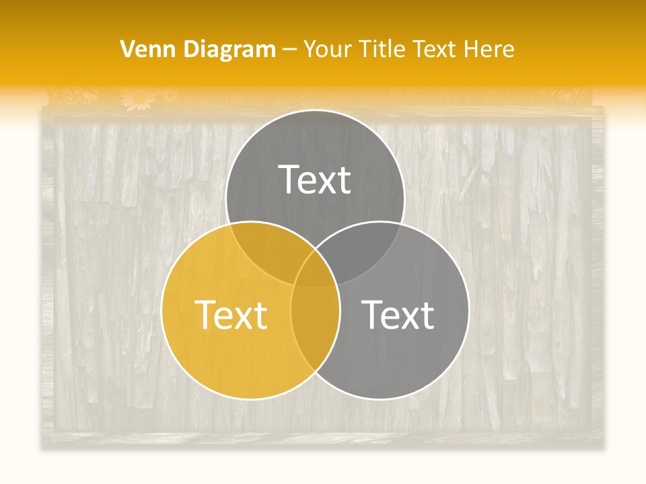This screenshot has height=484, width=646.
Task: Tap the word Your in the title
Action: [x=328, y=49]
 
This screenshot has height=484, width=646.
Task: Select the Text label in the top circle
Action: [x=315, y=179]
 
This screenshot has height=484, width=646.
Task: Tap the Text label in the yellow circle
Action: [x=231, y=314]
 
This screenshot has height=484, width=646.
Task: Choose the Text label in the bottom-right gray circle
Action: [x=398, y=314]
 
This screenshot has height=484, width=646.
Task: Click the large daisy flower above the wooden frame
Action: [x=139, y=99]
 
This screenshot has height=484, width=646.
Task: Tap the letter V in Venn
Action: [x=127, y=49]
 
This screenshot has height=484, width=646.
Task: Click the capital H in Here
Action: [x=474, y=49]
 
